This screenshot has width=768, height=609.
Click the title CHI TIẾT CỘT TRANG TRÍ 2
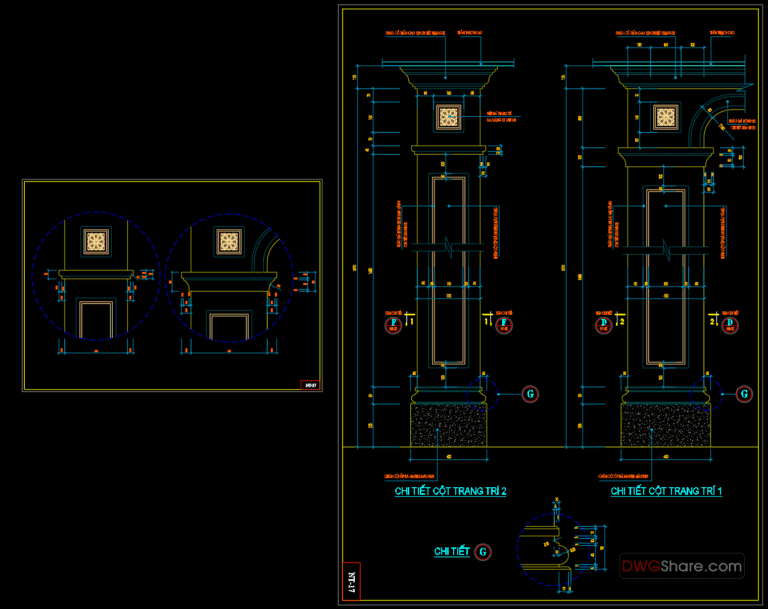pyautogui.click(x=450, y=492)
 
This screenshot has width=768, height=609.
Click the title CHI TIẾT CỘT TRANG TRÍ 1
pyautogui.click(x=667, y=492)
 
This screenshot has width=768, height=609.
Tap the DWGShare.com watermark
pyautogui.click(x=682, y=566)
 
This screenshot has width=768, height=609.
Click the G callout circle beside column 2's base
pyautogui.click(x=530, y=394)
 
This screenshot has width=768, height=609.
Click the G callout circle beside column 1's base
pyautogui.click(x=744, y=394)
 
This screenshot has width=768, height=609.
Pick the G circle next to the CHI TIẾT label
pyautogui.click(x=483, y=551)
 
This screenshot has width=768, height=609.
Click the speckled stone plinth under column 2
pyautogui.click(x=449, y=425)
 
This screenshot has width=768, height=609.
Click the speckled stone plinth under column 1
pyautogui.click(x=665, y=425)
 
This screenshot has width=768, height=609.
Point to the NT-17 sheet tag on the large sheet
pyautogui.click(x=351, y=581)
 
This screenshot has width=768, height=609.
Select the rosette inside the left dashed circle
pyautogui.click(x=96, y=242)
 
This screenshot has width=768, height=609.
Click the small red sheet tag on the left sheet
pyautogui.click(x=310, y=384)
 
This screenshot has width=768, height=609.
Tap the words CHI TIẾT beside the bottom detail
pyautogui.click(x=451, y=552)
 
